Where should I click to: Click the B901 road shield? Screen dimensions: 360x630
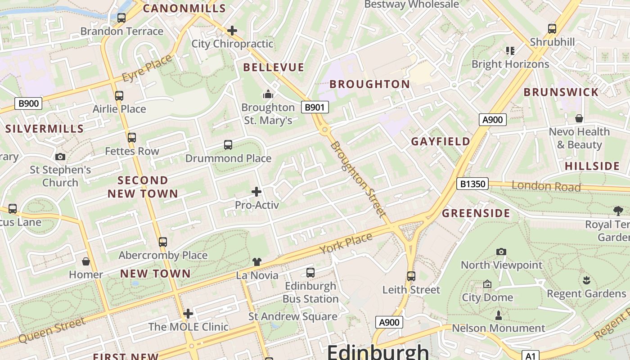click(315, 107)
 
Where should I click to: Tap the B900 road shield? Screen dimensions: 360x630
click(28, 103)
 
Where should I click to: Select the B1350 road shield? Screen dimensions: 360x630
click(472, 184)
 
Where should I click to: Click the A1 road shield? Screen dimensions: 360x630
click(530, 355)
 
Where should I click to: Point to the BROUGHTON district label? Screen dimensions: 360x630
click(369, 84)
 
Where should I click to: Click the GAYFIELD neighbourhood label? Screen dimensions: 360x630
click(441, 141)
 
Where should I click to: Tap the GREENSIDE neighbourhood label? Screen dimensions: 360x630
click(476, 213)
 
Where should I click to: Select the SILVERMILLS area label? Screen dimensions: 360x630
click(45, 129)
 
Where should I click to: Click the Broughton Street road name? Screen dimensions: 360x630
click(358, 179)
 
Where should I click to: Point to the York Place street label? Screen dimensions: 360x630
click(346, 243)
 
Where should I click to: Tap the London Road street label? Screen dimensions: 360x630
click(546, 186)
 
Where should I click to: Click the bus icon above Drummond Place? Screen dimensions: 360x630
click(228, 145)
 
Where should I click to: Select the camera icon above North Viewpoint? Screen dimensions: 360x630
click(501, 252)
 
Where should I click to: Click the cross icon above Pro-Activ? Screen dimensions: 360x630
click(256, 192)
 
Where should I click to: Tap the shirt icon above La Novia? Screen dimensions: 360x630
click(256, 261)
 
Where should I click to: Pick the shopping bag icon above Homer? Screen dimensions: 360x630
click(85, 261)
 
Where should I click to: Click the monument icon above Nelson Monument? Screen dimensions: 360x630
click(498, 315)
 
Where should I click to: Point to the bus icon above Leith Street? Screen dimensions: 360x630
click(411, 276)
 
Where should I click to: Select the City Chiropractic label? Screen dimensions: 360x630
click(232, 44)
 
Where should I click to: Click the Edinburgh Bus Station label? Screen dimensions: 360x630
click(310, 292)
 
